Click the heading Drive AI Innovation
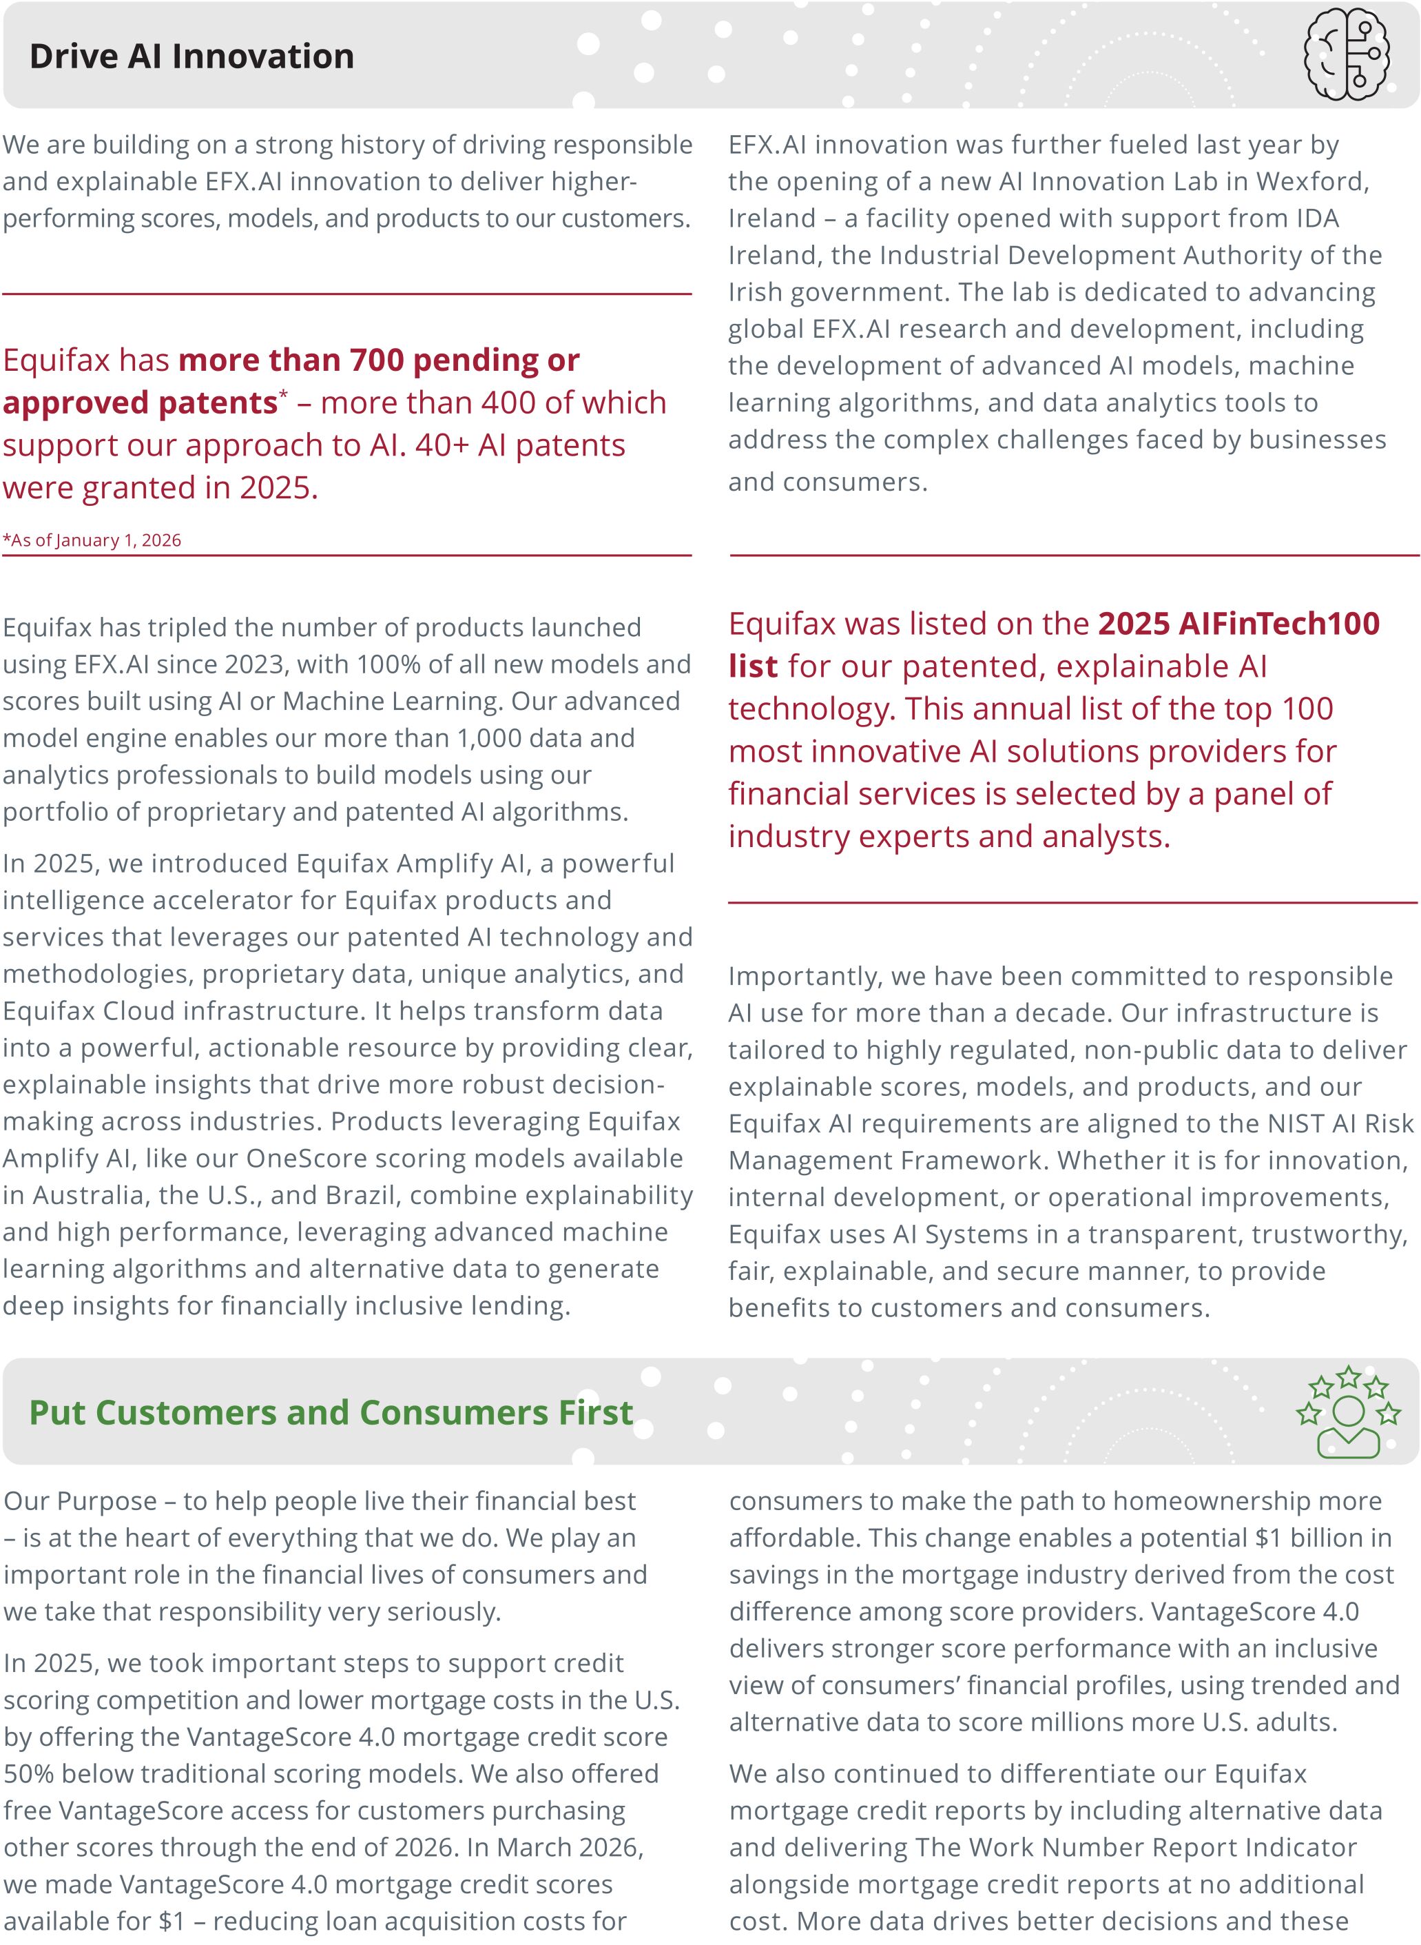pos(191,57)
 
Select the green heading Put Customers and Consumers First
pos(331,1413)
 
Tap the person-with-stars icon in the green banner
pos(1348,1412)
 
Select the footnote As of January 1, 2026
pos(93,540)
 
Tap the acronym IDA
pos(1317,218)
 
